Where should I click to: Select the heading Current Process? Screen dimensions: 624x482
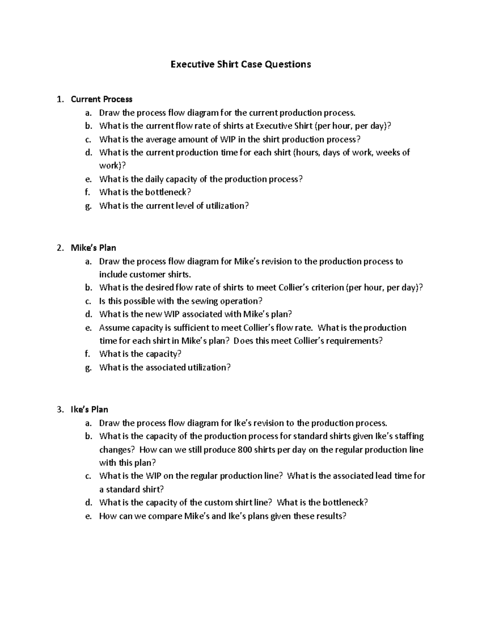101,99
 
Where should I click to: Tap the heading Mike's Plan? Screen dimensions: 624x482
93,248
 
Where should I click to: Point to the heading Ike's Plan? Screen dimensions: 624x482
89,409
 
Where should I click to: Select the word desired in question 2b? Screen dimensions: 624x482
159,288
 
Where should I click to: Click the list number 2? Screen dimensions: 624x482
60,248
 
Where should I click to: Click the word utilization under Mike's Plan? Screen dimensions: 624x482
209,368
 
